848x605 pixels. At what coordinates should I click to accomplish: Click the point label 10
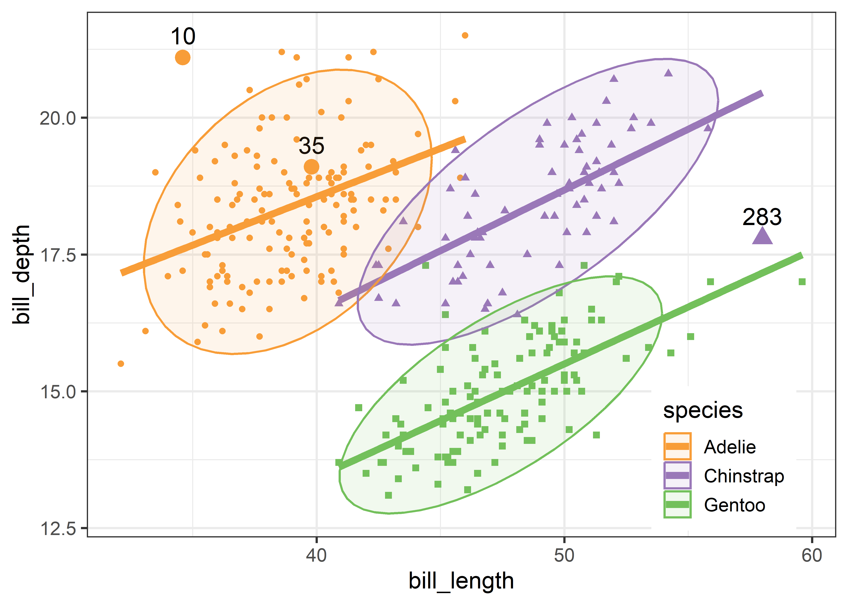pyautogui.click(x=183, y=37)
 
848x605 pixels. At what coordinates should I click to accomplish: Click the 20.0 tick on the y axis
pyautogui.click(x=58, y=118)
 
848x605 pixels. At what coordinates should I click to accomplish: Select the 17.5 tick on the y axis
pyautogui.click(x=58, y=255)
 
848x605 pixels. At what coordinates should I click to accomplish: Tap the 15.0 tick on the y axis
pyautogui.click(x=58, y=392)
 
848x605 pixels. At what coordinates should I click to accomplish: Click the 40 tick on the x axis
pyautogui.click(x=317, y=555)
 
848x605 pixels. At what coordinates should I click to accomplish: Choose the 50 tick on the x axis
pyautogui.click(x=564, y=555)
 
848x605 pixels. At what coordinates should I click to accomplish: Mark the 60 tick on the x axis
pyautogui.click(x=812, y=555)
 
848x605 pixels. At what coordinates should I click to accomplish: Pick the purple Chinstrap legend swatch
pyautogui.click(x=677, y=475)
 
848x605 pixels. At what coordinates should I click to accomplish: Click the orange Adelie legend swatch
pyautogui.click(x=677, y=446)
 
